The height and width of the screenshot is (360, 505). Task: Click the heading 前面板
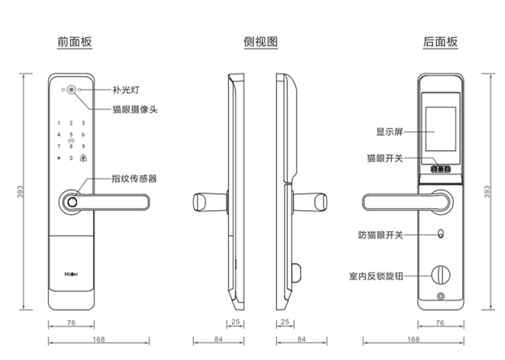tap(74, 42)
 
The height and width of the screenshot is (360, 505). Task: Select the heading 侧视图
tap(261, 42)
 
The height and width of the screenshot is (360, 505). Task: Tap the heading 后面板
tap(440, 42)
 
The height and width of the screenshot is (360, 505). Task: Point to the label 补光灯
tap(125, 89)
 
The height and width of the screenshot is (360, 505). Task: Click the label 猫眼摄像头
tap(135, 109)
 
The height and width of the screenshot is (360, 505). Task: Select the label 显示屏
tap(389, 132)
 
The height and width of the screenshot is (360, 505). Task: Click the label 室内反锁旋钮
tap(375, 276)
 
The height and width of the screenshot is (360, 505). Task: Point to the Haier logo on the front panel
tap(71, 275)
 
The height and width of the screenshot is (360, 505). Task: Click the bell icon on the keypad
tap(83, 159)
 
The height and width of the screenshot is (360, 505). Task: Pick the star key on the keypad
tap(59, 159)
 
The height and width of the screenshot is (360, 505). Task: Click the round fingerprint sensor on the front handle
tap(70, 202)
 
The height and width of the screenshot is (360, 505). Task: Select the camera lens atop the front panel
tap(71, 90)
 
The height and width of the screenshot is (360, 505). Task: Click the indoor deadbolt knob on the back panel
tap(441, 275)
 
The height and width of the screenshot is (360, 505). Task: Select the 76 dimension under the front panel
tap(71, 323)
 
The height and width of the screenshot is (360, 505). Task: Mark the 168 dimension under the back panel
tap(413, 339)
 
